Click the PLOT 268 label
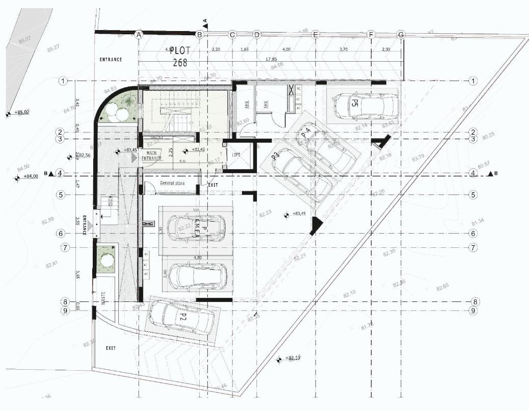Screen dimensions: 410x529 (x=179, y=57)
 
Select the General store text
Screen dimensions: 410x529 (x=172, y=183)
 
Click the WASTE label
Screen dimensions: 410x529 (x=103, y=297)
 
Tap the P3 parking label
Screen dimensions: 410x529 (x=275, y=155)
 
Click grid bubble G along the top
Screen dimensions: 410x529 (x=401, y=35)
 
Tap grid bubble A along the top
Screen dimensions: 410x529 (x=138, y=35)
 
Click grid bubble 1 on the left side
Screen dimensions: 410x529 (x=63, y=81)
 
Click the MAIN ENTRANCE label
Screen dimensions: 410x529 (x=151, y=156)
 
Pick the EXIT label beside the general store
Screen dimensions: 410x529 (x=213, y=185)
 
